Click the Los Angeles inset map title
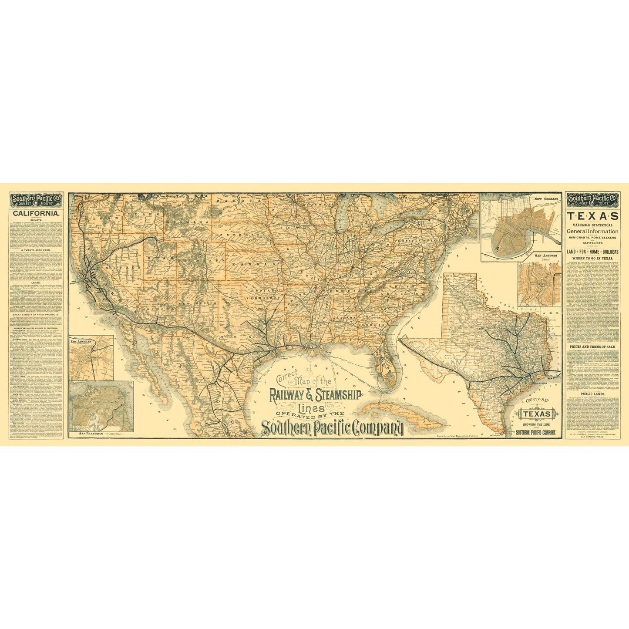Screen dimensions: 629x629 [81, 342]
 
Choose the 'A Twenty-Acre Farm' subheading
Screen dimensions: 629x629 [36, 250]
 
